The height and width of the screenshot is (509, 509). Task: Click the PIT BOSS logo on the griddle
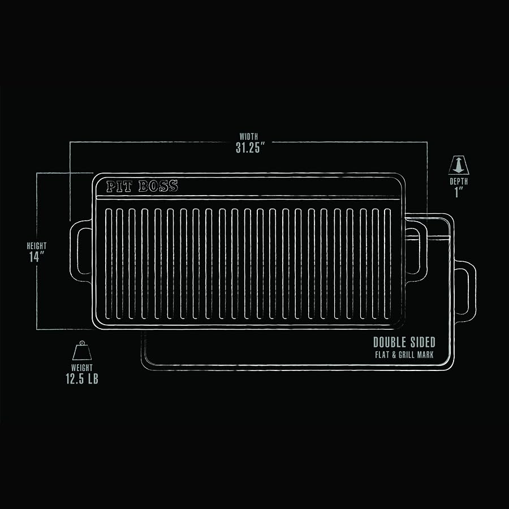tap(142, 186)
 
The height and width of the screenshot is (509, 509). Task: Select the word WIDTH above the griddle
tap(249, 136)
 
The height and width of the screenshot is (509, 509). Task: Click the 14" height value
tap(37, 257)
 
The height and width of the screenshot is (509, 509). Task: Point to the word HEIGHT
tap(37, 246)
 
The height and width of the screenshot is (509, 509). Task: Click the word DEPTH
tap(459, 182)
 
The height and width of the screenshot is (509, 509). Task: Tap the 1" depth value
tap(459, 193)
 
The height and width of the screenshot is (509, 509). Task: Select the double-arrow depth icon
tap(459, 165)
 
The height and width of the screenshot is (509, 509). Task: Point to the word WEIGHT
tap(82, 368)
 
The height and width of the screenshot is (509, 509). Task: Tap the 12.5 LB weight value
tap(82, 379)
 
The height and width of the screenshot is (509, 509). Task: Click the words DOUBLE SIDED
tap(404, 342)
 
